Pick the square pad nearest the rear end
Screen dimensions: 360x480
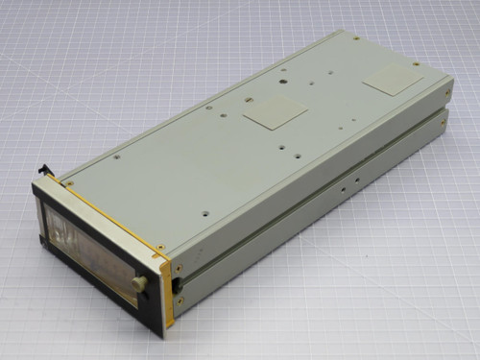pos(393,82)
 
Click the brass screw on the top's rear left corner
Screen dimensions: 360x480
pos(356,38)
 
